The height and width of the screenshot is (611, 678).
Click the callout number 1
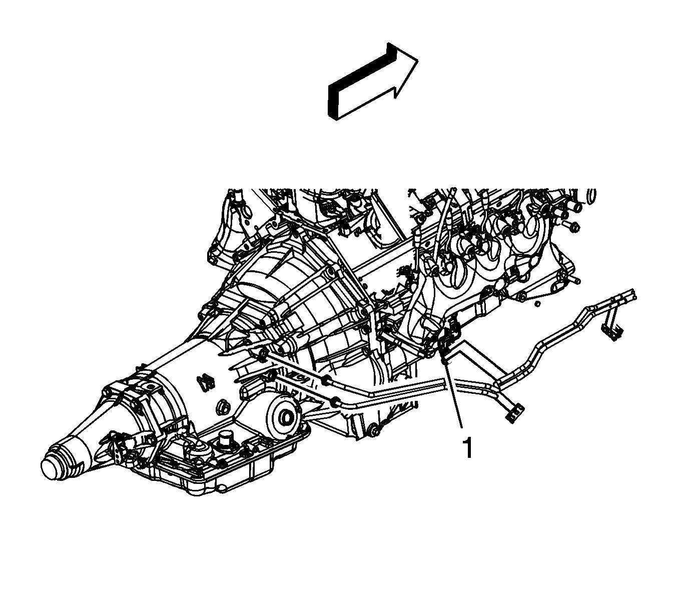(468, 447)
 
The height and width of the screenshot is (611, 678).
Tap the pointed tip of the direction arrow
(418, 61)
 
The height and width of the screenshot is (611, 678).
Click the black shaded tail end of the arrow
(333, 102)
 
